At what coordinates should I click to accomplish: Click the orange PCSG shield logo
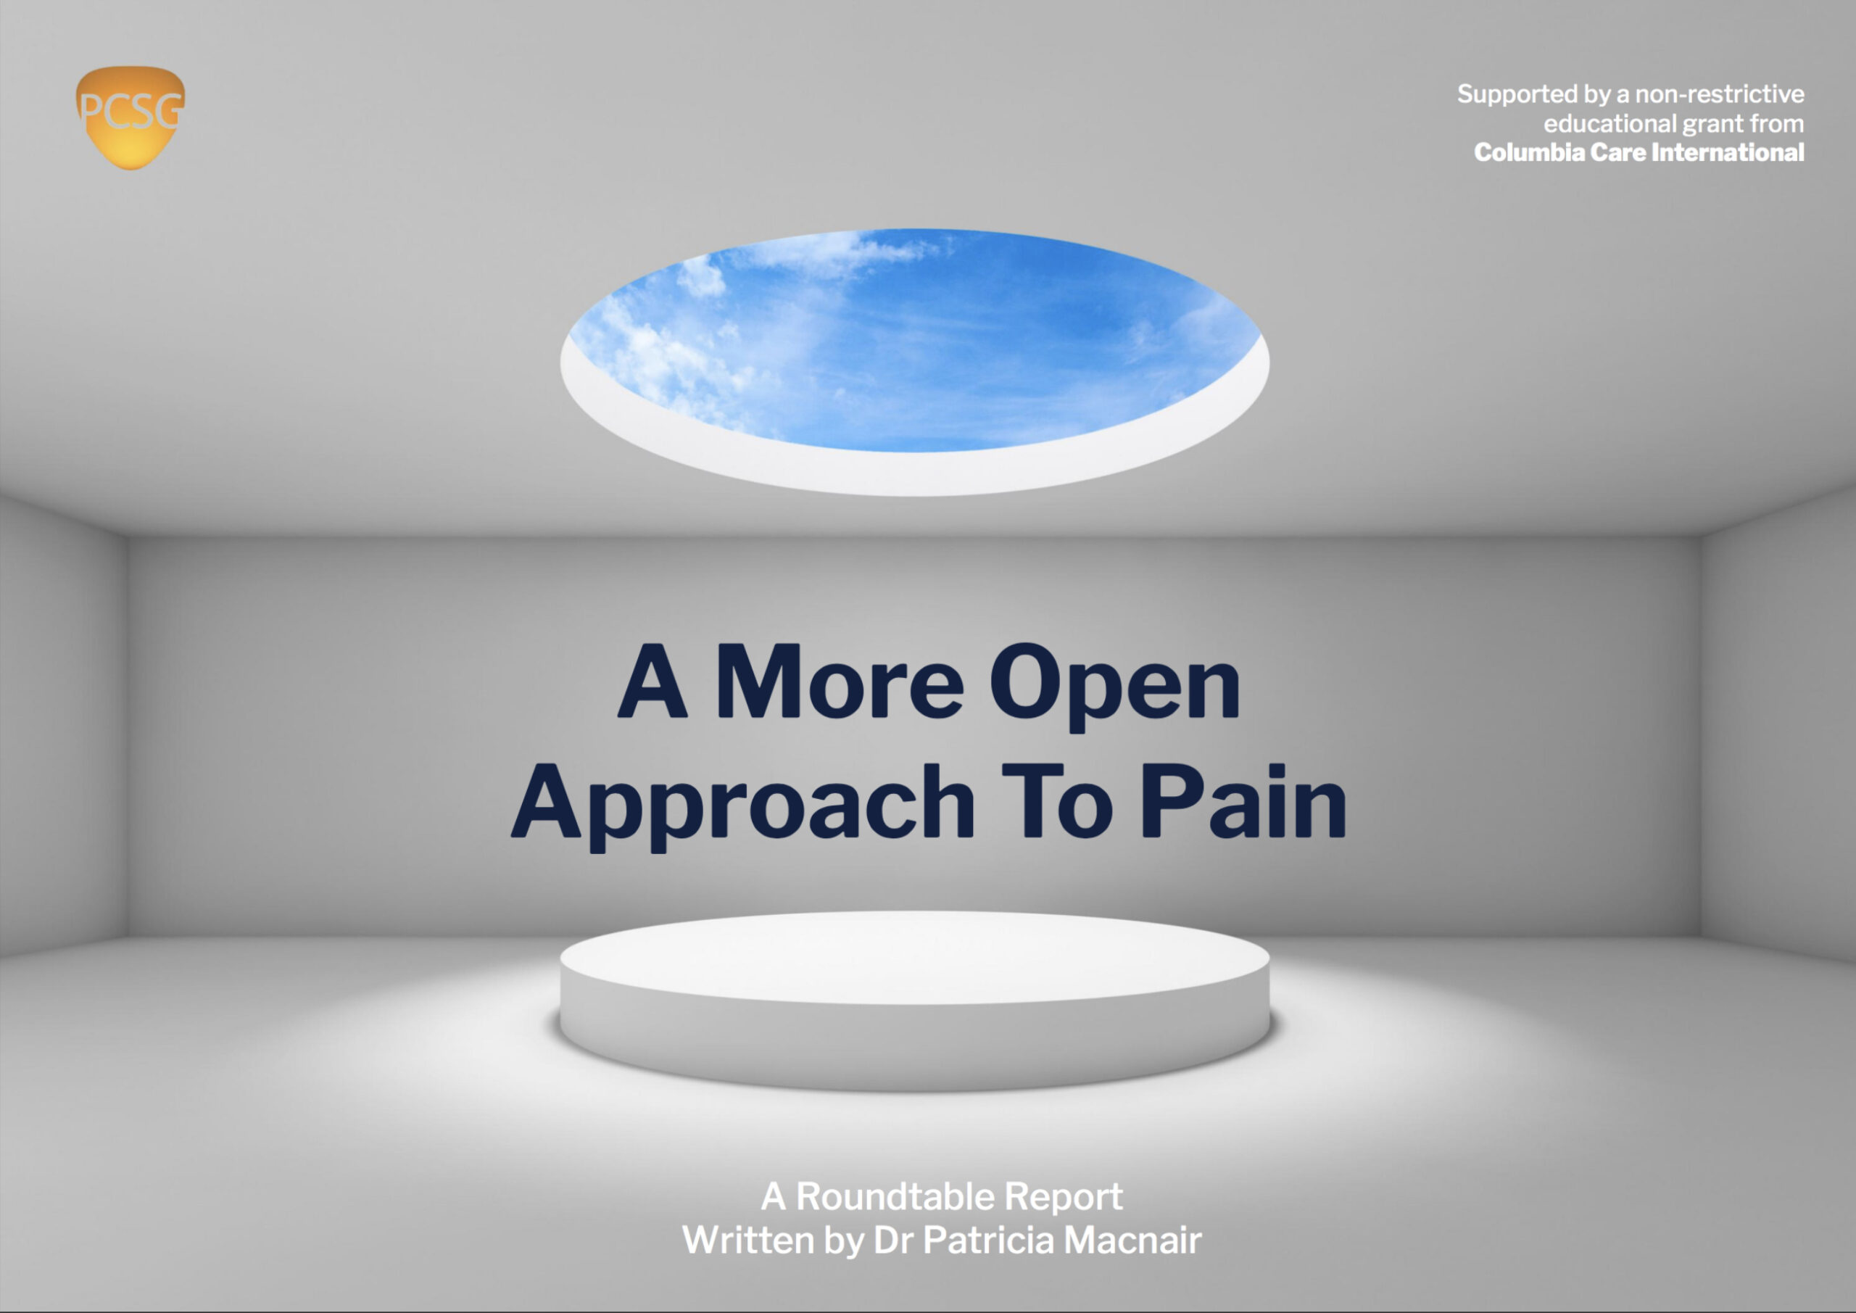[130, 118]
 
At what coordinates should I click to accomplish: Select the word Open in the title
[1115, 688]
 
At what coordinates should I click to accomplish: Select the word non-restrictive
[1720, 94]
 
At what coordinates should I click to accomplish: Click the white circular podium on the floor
[914, 1000]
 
